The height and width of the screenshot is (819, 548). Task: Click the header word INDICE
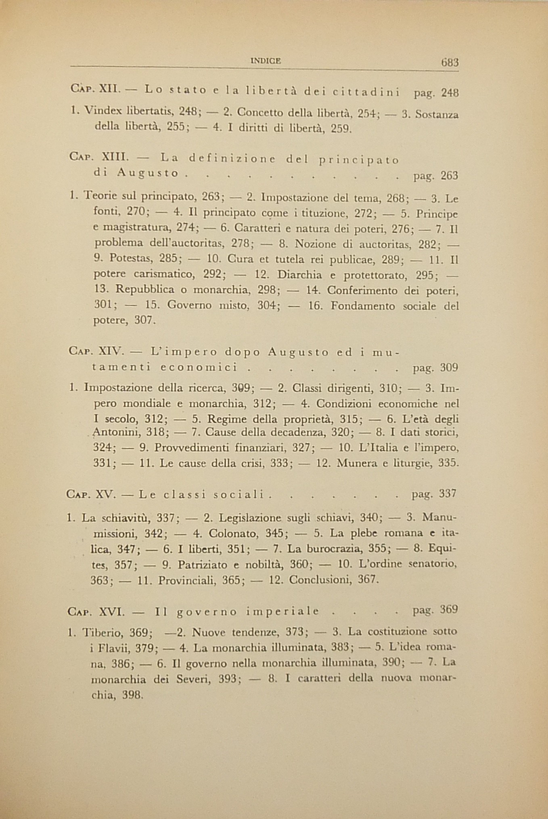pos(266,61)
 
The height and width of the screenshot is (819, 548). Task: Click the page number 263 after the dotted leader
pos(449,176)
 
